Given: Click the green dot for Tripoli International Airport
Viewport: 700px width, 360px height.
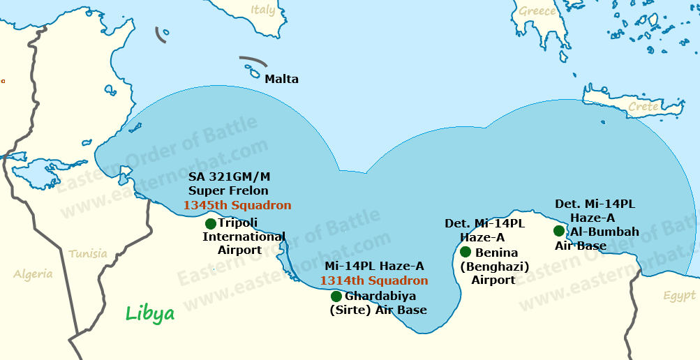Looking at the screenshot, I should [211, 224].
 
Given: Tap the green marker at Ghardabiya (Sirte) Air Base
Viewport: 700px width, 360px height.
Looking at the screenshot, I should [336, 297].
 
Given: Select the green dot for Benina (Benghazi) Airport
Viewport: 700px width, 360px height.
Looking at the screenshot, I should [466, 252].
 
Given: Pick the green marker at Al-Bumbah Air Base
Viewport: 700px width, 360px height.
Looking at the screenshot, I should [559, 231].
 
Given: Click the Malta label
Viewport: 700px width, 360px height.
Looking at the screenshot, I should [281, 80].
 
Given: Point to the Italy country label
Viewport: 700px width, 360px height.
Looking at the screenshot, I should [263, 10].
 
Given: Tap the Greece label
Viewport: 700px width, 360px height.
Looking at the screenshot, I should [537, 11].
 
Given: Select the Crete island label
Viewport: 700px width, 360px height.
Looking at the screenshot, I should [643, 107].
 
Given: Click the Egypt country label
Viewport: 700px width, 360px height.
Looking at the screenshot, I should [679, 297].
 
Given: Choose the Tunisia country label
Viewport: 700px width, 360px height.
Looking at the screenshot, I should [88, 254].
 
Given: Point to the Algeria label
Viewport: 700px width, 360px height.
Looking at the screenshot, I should [33, 274].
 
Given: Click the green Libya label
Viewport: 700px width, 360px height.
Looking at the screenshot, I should [150, 314].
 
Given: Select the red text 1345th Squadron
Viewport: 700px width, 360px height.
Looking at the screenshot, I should [237, 206].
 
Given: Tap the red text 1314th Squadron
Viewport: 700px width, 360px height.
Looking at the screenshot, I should [374, 280].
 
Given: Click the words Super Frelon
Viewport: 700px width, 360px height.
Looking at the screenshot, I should [228, 190].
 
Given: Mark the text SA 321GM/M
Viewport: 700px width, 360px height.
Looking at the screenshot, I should [228, 177].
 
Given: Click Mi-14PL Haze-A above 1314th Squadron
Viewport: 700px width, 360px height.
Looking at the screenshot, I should [374, 266].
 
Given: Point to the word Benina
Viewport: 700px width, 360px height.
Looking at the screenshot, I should [496, 253].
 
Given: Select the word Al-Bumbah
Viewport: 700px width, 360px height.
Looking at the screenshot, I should [604, 232].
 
